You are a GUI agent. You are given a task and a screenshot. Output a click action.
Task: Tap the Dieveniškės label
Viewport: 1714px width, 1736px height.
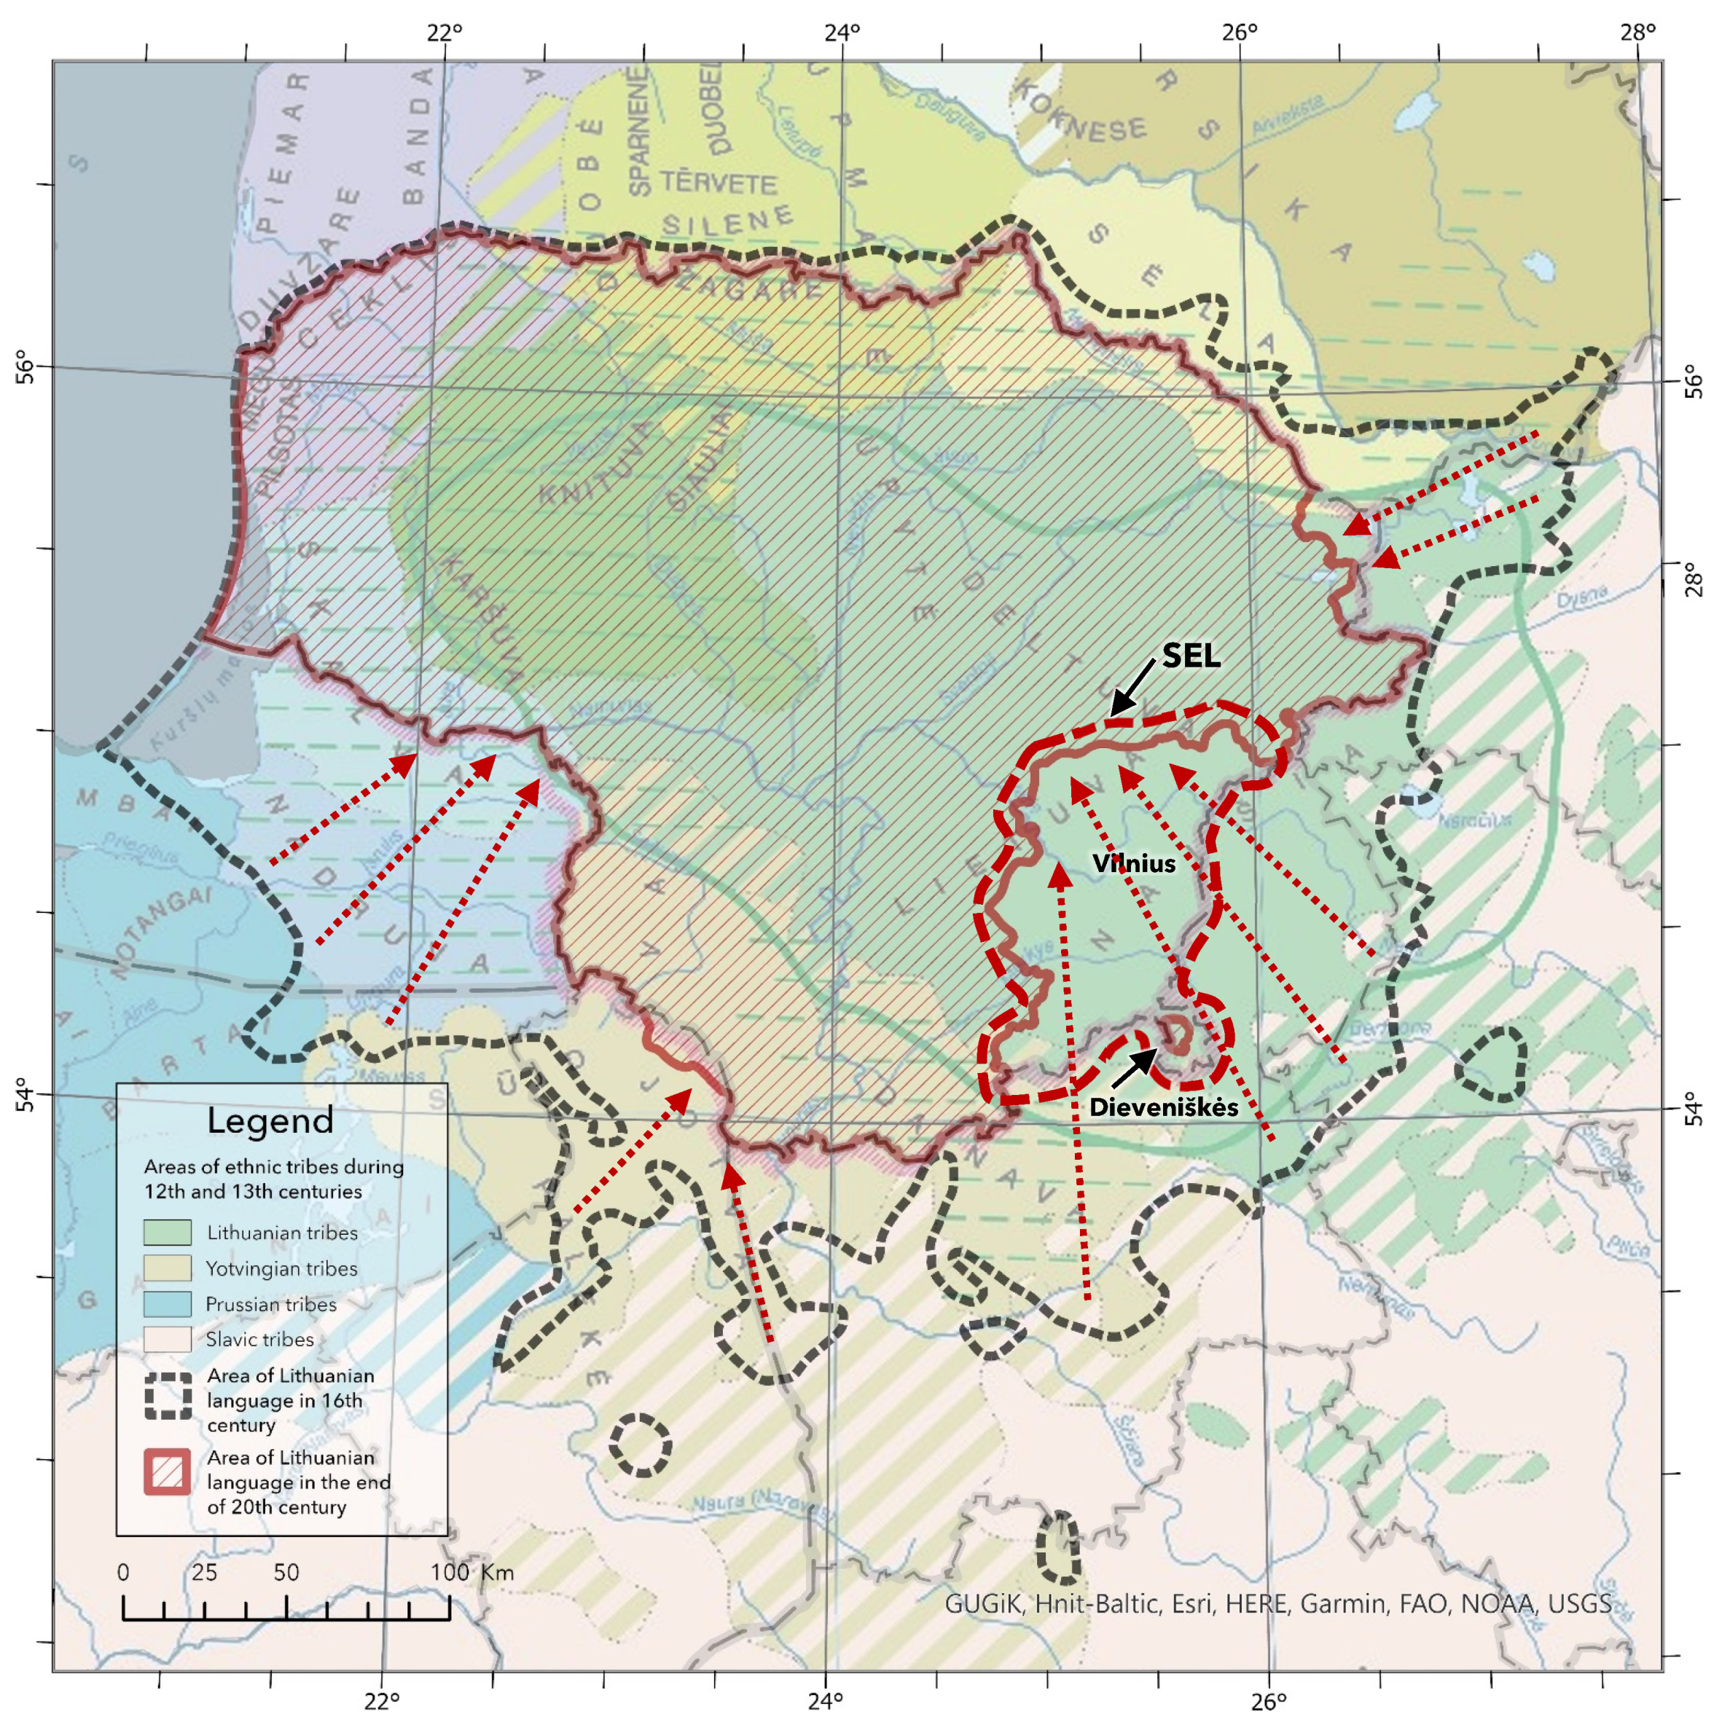point(1163,1107)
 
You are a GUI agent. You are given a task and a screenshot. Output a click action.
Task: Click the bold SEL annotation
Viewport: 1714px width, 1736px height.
point(1191,656)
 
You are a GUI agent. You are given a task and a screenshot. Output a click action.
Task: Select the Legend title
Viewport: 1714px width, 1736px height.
point(270,1120)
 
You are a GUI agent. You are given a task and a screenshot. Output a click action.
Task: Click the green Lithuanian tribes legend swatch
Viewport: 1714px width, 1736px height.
point(167,1232)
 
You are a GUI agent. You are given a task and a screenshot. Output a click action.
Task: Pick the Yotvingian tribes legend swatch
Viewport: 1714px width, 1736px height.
point(167,1268)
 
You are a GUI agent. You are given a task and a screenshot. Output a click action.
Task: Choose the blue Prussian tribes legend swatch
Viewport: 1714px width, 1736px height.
point(167,1304)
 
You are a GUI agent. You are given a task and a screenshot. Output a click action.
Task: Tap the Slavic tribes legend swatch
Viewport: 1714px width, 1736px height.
point(167,1339)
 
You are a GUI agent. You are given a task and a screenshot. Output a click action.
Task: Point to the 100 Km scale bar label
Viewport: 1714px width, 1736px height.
point(472,1571)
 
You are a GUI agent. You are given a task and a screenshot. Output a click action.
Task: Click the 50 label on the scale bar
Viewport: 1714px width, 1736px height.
point(286,1571)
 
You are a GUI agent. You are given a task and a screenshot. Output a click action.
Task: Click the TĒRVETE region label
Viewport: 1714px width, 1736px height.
point(719,184)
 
